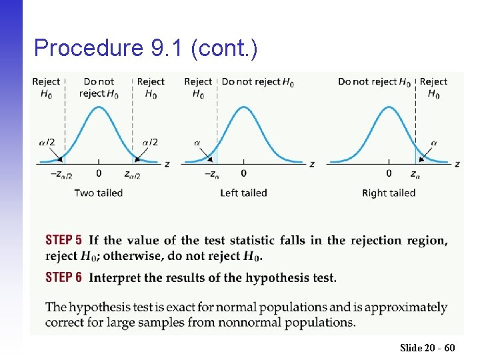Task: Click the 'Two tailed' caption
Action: pyautogui.click(x=99, y=193)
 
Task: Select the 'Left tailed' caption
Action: pyautogui.click(x=244, y=193)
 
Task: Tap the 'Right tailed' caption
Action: pyautogui.click(x=389, y=193)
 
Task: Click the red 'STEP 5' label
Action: pyautogui.click(x=64, y=240)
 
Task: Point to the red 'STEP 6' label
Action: pyautogui.click(x=64, y=277)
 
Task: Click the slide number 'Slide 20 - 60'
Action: pyautogui.click(x=427, y=347)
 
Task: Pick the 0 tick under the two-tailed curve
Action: pyautogui.click(x=99, y=173)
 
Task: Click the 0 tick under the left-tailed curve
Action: pyautogui.click(x=243, y=173)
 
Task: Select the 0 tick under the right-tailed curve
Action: pyautogui.click(x=389, y=173)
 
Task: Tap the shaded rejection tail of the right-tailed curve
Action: pyautogui.click(x=420, y=157)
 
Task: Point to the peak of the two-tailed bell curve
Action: pyautogui.click(x=99, y=106)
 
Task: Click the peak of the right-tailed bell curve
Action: pyautogui.click(x=389, y=106)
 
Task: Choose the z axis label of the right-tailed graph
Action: pyautogui.click(x=457, y=164)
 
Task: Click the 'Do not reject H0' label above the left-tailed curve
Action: pyautogui.click(x=258, y=82)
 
